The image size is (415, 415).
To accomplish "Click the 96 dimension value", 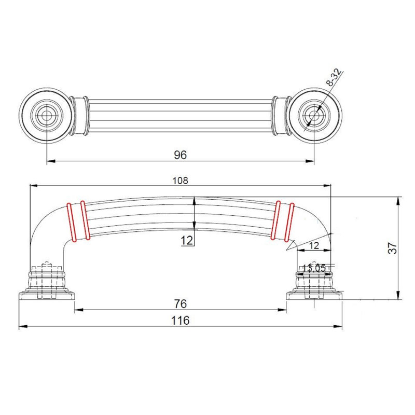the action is pyautogui.click(x=180, y=155).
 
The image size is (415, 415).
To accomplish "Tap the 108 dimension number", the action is pyautogui.click(x=180, y=181).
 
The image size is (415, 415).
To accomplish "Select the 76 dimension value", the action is pyautogui.click(x=181, y=303).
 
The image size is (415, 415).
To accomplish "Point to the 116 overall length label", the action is pyautogui.click(x=180, y=321).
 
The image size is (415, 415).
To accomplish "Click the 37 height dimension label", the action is pyautogui.click(x=393, y=248).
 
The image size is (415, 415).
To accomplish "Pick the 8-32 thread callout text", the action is pyautogui.click(x=334, y=78).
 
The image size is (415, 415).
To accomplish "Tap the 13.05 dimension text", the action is pyautogui.click(x=314, y=268).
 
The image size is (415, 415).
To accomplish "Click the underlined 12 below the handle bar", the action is pyautogui.click(x=187, y=241).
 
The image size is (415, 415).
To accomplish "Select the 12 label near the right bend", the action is pyautogui.click(x=314, y=245).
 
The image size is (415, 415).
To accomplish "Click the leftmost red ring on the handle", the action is pyautogui.click(x=72, y=223).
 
